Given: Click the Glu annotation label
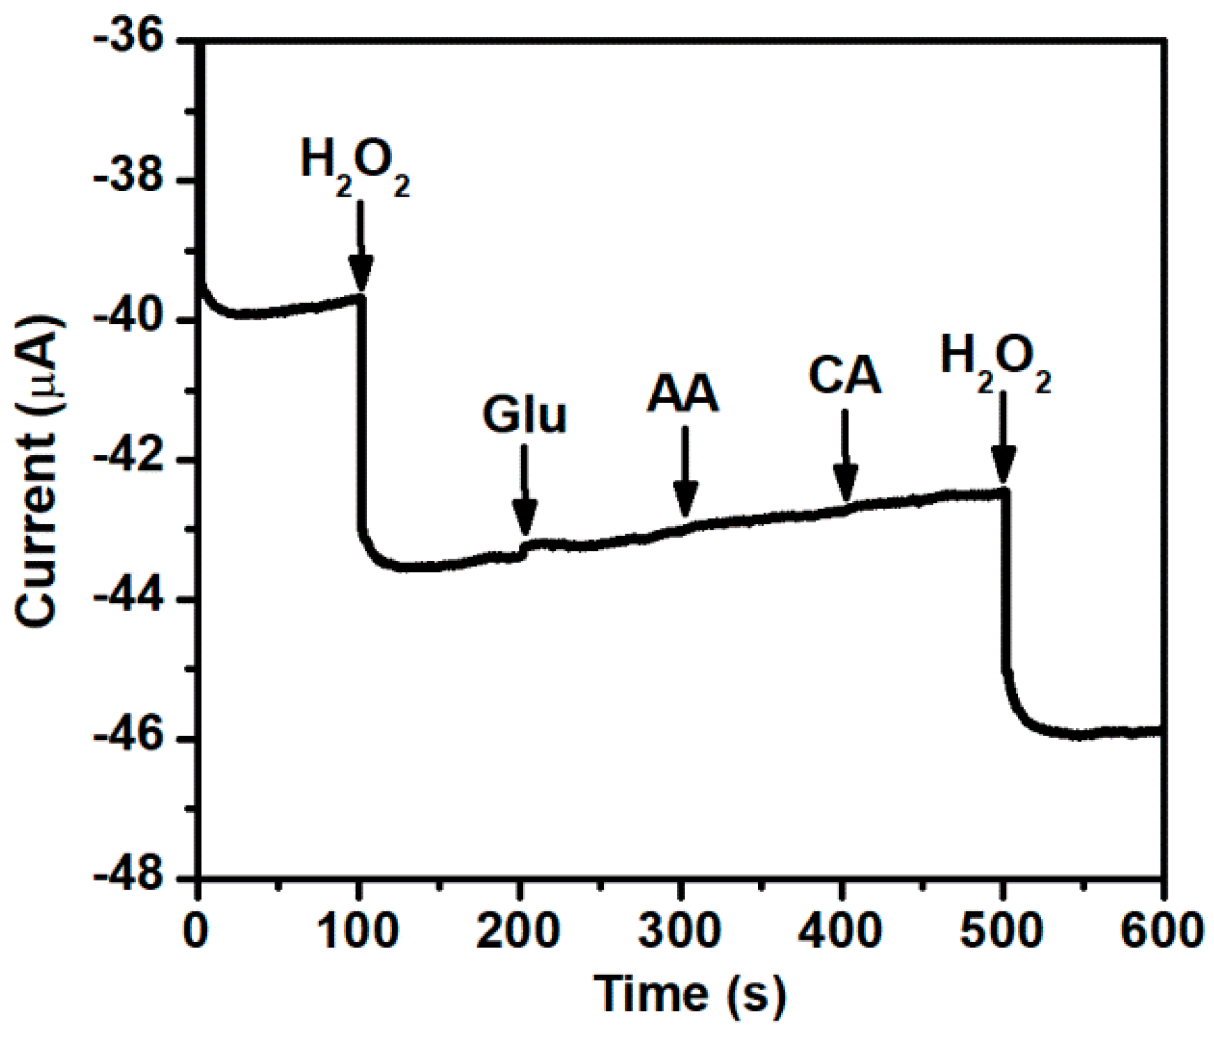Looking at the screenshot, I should (x=524, y=415).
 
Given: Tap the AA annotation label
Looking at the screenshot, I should (x=682, y=395).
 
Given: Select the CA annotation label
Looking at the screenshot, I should (x=844, y=376).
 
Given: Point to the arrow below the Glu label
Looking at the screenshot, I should (x=524, y=490).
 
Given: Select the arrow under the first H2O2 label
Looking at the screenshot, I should (x=361, y=247).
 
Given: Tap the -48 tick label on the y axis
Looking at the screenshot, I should (x=130, y=878).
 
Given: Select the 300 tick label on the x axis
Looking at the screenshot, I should (x=679, y=931).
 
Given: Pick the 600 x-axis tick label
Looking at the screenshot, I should (x=1162, y=931).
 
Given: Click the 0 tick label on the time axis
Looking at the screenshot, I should (x=196, y=931).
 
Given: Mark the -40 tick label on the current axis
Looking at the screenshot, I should (x=130, y=319).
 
